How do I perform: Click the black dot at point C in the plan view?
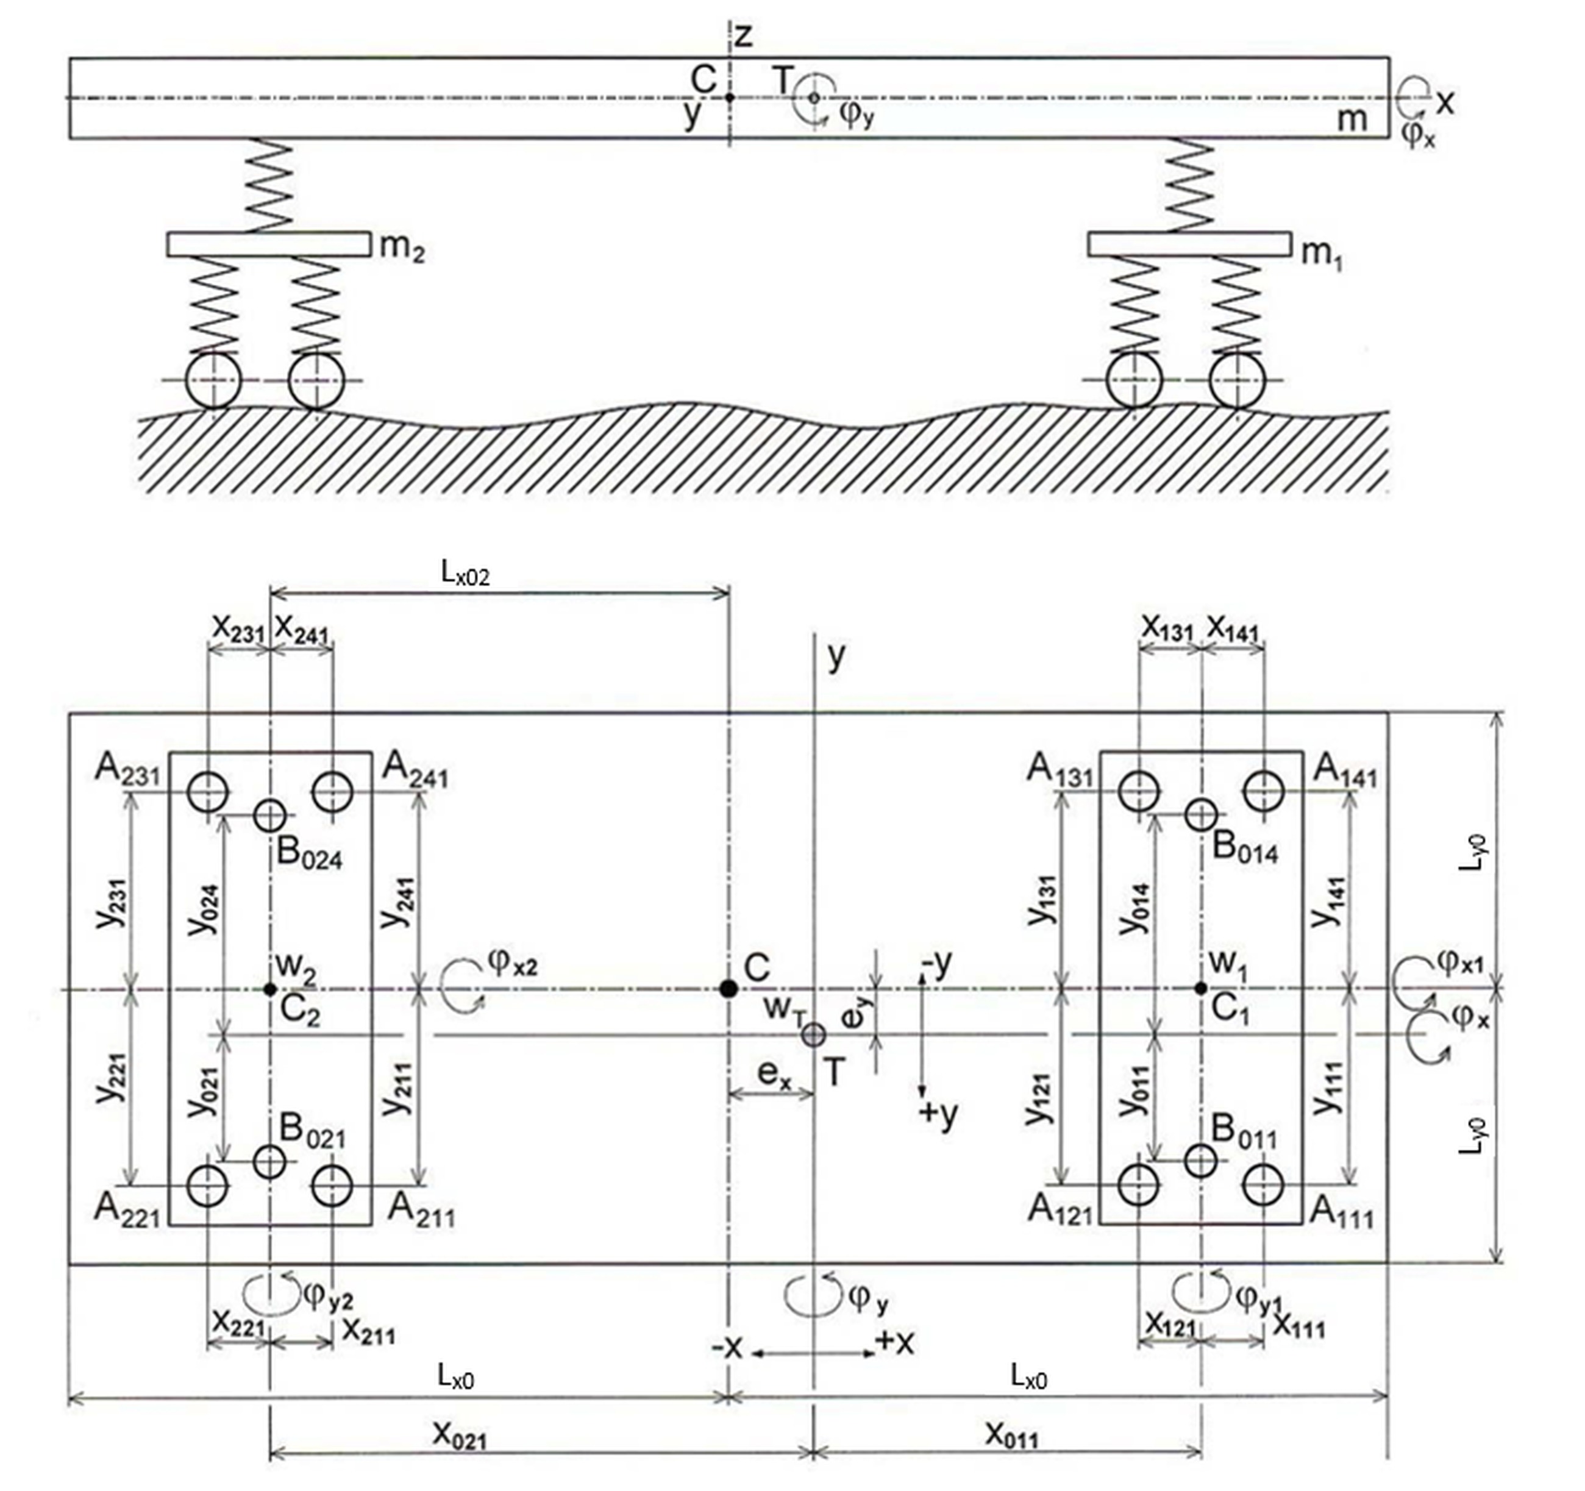(728, 989)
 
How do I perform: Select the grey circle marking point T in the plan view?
(813, 1035)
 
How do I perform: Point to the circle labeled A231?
(208, 792)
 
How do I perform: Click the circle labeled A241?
(332, 792)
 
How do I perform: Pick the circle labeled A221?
(208, 1186)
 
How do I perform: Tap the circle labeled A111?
(1263, 1186)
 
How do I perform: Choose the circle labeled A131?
(1139, 792)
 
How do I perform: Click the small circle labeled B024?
(270, 816)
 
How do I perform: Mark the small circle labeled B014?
(1201, 815)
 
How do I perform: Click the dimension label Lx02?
(466, 575)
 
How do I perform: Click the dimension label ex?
(774, 1076)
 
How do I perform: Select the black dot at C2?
(269, 989)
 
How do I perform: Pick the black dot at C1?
(1201, 989)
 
